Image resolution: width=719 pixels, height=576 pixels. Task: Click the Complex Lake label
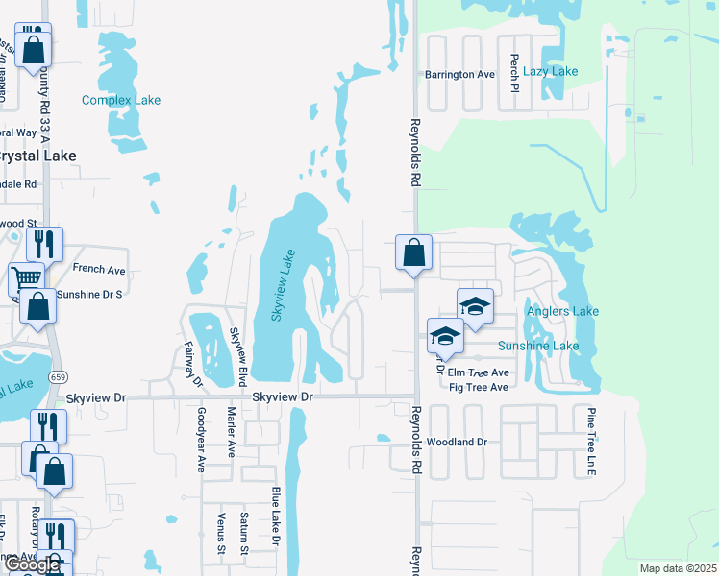pyautogui.click(x=121, y=100)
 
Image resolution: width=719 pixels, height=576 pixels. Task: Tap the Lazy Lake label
pyautogui.click(x=551, y=71)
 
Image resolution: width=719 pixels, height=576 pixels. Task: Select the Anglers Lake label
pyautogui.click(x=562, y=311)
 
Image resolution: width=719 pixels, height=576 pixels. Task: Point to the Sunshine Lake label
pyautogui.click(x=538, y=346)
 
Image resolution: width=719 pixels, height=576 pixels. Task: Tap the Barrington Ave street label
pyautogui.click(x=460, y=75)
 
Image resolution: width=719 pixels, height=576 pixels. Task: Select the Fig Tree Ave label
pyautogui.click(x=478, y=388)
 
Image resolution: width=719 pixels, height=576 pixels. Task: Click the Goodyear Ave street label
pyautogui.click(x=201, y=440)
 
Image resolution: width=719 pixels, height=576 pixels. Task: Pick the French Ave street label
pyautogui.click(x=99, y=271)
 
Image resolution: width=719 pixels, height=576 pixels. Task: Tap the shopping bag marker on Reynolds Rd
pyautogui.click(x=413, y=254)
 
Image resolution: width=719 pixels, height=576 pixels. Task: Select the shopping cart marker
pyautogui.click(x=26, y=279)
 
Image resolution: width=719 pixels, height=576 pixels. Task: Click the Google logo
pyautogui.click(x=32, y=565)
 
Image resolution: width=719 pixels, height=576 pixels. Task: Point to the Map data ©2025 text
pyautogui.click(x=678, y=568)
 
